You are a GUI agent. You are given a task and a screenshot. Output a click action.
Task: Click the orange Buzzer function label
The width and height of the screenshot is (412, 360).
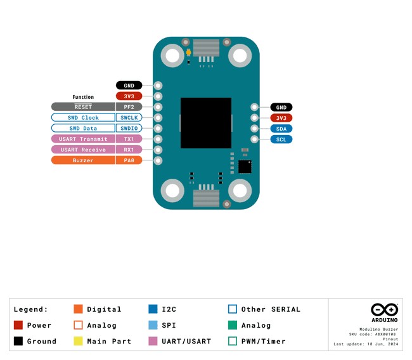point(83,160)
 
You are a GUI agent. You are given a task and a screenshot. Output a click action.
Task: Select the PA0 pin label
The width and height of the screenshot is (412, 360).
point(129,160)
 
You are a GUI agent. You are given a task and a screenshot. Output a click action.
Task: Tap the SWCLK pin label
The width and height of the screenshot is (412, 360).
point(129,118)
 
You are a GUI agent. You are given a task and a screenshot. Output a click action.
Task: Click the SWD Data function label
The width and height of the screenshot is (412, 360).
point(83,128)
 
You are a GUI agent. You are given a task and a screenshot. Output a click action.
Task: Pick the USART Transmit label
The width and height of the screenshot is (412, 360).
point(83,139)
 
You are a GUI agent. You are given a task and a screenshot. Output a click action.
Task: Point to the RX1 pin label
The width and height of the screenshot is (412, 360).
point(129,150)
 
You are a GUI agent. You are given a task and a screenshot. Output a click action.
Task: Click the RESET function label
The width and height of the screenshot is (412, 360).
point(83,107)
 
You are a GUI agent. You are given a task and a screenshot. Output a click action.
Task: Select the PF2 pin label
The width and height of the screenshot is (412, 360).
point(129,107)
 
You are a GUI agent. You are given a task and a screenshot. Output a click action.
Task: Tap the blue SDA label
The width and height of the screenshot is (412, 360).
point(281,129)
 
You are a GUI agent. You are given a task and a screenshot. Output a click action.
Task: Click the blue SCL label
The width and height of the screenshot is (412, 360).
point(281,139)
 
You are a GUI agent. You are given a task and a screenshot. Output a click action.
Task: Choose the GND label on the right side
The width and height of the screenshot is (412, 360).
point(281,107)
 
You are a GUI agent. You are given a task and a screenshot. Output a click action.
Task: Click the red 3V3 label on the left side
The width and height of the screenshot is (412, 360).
point(129,96)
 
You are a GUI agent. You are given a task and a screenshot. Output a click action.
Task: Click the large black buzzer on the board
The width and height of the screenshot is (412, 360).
point(206,123)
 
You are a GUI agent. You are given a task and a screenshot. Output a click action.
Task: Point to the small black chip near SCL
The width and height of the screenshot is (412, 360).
point(245,166)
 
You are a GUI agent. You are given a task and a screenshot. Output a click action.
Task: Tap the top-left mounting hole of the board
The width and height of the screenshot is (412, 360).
point(173,56)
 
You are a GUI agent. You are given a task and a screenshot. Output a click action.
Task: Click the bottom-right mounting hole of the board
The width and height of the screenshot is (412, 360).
point(240,191)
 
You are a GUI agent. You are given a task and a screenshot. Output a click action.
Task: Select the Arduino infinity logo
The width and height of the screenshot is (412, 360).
point(384,310)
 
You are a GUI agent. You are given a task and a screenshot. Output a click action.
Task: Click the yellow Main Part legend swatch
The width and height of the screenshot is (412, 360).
point(79,341)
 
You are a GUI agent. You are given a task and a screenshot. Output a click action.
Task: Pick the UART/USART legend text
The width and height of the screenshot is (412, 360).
point(186,341)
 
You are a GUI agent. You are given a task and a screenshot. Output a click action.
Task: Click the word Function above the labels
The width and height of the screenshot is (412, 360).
point(83,98)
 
